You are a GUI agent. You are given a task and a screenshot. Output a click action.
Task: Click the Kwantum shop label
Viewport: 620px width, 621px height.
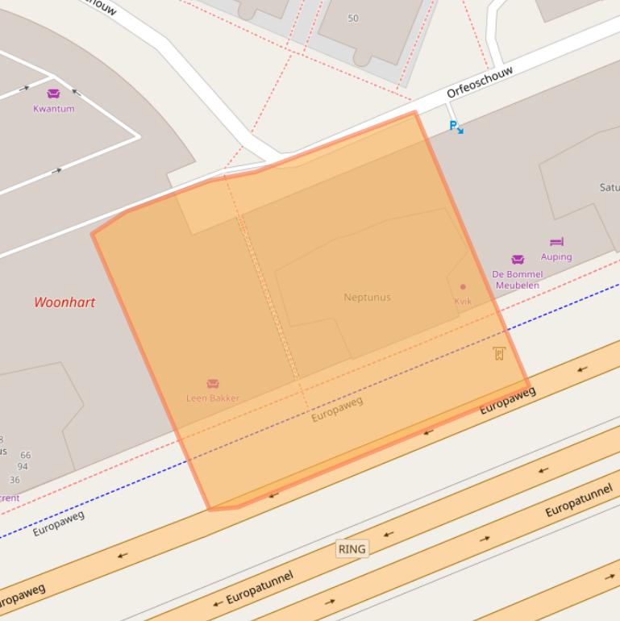pyautogui.click(x=53, y=109)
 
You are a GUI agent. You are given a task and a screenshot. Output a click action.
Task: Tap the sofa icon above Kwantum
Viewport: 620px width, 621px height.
pyautogui.click(x=53, y=94)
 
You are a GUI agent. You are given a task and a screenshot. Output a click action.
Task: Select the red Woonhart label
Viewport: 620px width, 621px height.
pyautogui.click(x=64, y=302)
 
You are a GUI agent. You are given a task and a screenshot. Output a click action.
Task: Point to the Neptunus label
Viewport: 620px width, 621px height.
pyautogui.click(x=367, y=297)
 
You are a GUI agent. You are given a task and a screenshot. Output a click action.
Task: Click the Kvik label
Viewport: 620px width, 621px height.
pyautogui.click(x=463, y=302)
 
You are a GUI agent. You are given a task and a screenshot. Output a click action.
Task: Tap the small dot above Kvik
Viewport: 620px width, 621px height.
pyautogui.click(x=463, y=286)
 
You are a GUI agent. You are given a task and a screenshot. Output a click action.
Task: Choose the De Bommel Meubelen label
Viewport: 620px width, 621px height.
pyautogui.click(x=518, y=280)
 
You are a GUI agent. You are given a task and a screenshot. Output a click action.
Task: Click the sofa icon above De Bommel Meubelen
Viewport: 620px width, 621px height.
pyautogui.click(x=518, y=260)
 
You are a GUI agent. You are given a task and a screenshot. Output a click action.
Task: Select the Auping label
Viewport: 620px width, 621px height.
pyautogui.click(x=556, y=256)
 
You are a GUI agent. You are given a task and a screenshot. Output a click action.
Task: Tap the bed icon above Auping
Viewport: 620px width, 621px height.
pyautogui.click(x=556, y=242)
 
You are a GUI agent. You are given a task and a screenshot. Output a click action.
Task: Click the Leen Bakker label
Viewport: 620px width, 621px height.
pyautogui.click(x=213, y=398)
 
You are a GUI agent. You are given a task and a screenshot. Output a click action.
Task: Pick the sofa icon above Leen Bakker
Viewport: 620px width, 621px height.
pyautogui.click(x=213, y=384)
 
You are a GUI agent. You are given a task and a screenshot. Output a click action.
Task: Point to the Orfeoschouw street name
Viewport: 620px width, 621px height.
pyautogui.click(x=480, y=82)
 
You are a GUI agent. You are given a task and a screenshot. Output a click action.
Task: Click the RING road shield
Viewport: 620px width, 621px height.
pyautogui.click(x=352, y=549)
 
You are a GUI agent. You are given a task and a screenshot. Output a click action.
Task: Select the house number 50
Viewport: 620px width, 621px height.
pyautogui.click(x=352, y=18)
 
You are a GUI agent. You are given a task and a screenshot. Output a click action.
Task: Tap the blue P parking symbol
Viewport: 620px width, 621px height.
pyautogui.click(x=456, y=127)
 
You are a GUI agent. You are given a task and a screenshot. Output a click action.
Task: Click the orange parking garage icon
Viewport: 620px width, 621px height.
pyautogui.click(x=499, y=353)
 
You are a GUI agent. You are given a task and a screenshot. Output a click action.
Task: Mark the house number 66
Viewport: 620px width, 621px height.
pyautogui.click(x=26, y=455)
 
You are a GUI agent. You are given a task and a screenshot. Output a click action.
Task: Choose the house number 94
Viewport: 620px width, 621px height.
pyautogui.click(x=23, y=466)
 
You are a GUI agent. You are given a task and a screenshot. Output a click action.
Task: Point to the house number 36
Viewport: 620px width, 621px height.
pyautogui.click(x=15, y=480)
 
